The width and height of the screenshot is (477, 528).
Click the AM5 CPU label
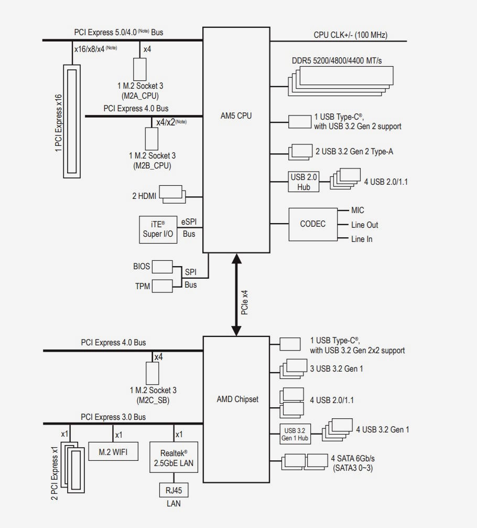pyautogui.click(x=236, y=116)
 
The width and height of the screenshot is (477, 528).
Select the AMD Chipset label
pyautogui.click(x=237, y=399)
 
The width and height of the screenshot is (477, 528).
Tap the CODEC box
pyautogui.click(x=313, y=224)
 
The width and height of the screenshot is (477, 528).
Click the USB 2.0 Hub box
pyautogui.click(x=303, y=182)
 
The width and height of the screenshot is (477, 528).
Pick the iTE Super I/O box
pyautogui.click(x=158, y=230)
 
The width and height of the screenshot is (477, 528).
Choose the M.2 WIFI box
pyautogui.click(x=113, y=451)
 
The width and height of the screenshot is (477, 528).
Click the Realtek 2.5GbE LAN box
pyautogui.click(x=174, y=457)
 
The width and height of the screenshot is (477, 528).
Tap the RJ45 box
pyautogui.click(x=174, y=490)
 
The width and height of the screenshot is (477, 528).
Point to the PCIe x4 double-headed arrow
pyautogui.click(x=236, y=294)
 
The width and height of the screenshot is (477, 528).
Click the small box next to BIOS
pyautogui.click(x=162, y=267)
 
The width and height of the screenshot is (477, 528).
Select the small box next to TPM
pyautogui.click(x=162, y=286)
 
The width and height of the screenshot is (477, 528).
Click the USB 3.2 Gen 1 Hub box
pyautogui.click(x=295, y=434)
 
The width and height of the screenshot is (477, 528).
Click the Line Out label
pyautogui.click(x=365, y=225)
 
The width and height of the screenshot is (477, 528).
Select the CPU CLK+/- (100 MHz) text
pyautogui.click(x=351, y=35)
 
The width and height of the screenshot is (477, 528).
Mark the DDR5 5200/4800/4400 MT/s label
pyautogui.click(x=337, y=60)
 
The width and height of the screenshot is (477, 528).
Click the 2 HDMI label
pyautogui.click(x=144, y=196)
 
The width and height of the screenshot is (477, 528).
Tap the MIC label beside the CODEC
pyautogui.click(x=357, y=210)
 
